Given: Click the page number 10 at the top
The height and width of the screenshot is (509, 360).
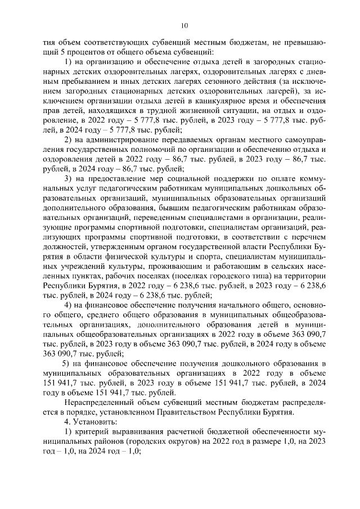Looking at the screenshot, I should tap(184, 25).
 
